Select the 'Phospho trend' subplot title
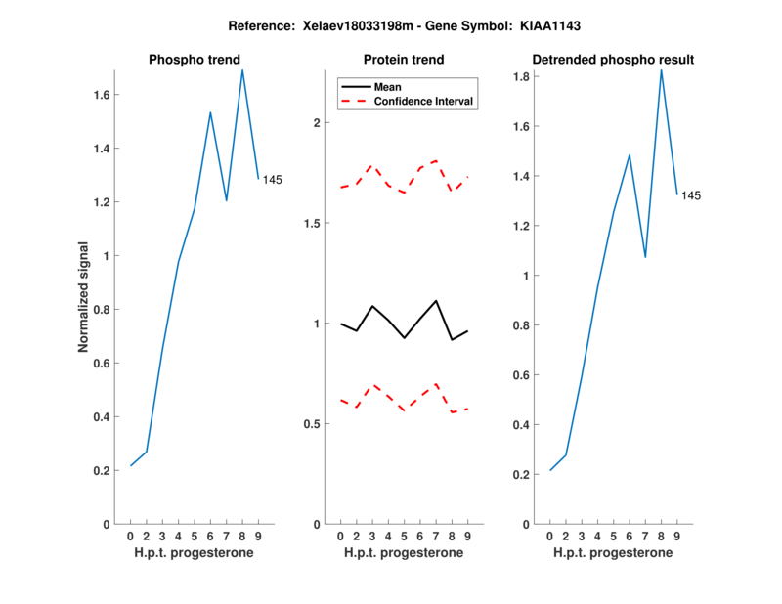click(194, 60)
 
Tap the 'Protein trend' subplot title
click(403, 60)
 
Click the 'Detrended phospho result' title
click(613, 60)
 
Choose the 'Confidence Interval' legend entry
click(423, 101)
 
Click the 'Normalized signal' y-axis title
click(84, 296)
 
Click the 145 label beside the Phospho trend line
click(273, 179)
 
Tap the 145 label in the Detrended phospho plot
click(691, 195)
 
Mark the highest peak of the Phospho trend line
click(242, 69)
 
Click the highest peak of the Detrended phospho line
click(661, 69)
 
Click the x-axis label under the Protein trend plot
click(403, 553)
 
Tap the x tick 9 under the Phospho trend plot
click(258, 537)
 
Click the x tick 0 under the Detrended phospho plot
click(549, 537)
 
